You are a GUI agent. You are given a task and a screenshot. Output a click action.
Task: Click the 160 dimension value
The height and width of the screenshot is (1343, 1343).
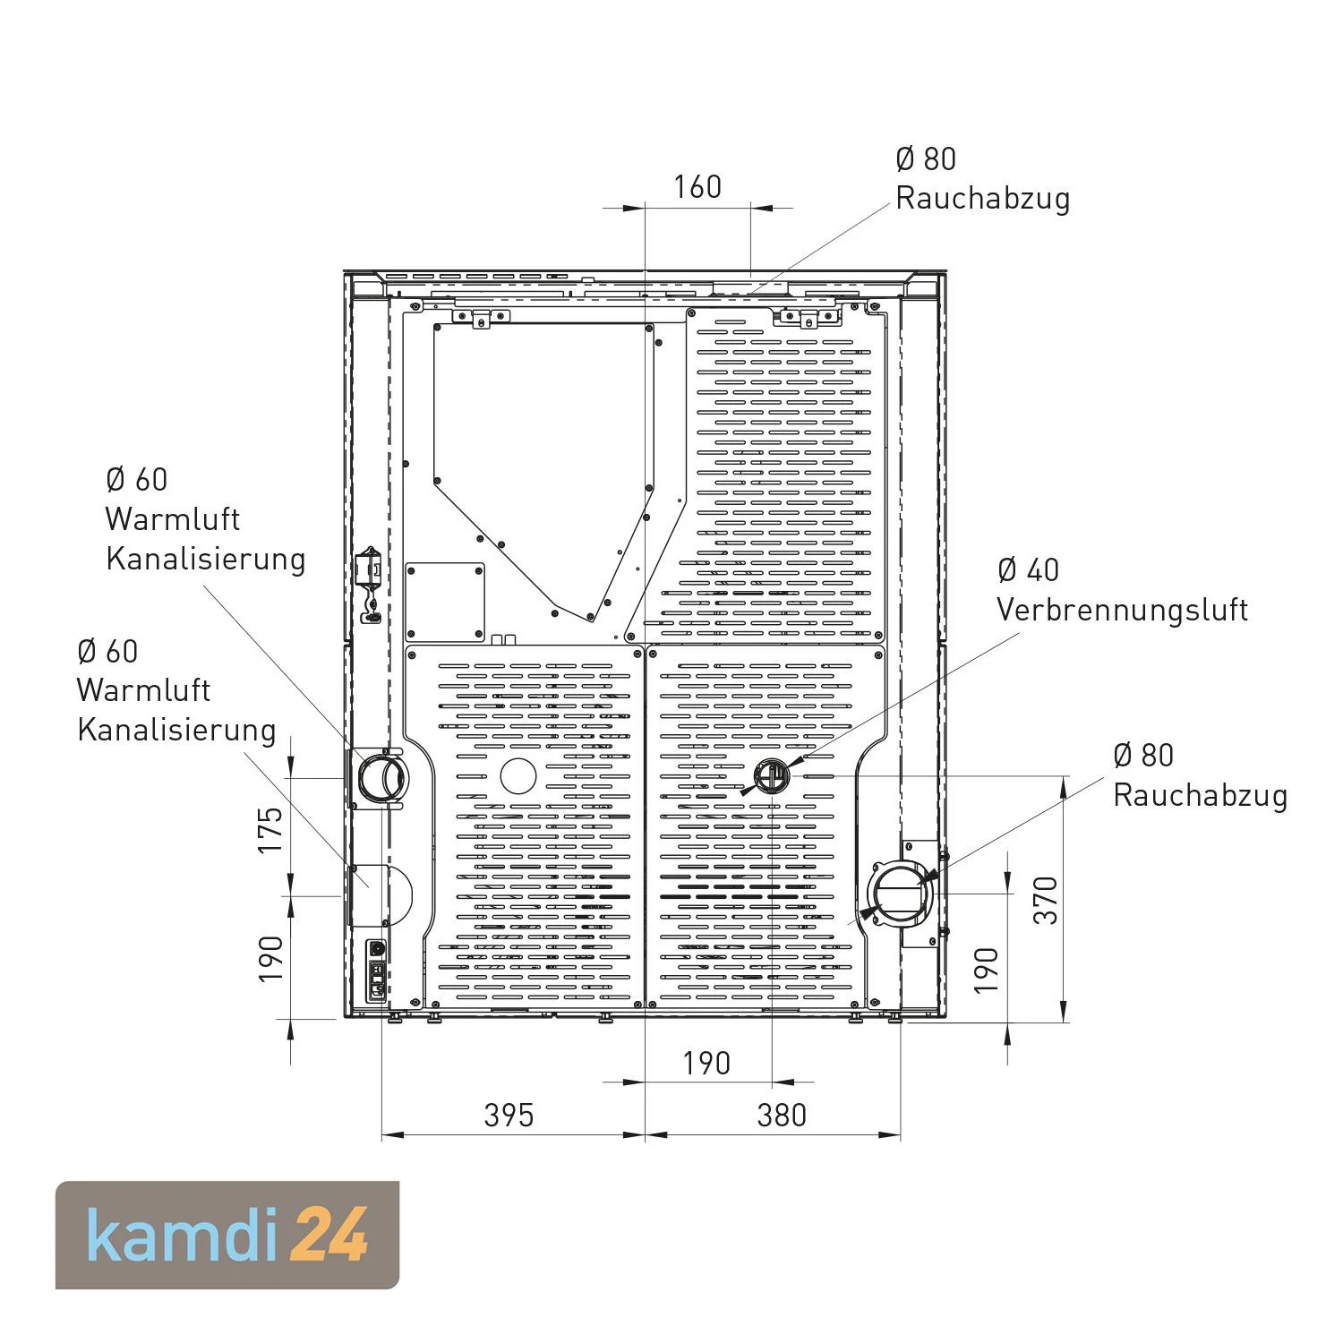coord(697,186)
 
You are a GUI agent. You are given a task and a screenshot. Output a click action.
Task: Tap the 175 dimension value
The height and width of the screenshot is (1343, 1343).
coord(270,829)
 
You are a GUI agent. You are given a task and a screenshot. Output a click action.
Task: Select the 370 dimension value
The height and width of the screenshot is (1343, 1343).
coord(1046,899)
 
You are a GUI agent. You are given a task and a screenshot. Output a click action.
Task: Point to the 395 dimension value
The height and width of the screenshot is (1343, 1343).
coord(509,1115)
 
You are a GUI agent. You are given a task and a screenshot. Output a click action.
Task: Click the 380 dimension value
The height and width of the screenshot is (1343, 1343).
coord(782,1115)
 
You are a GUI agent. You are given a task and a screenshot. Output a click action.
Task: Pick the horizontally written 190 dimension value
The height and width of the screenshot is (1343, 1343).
coord(706,1063)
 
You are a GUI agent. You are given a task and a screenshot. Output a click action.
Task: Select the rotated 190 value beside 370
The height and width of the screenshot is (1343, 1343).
coord(986,970)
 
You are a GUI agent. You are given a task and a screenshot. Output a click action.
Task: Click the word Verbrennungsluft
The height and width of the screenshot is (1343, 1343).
coord(1122,610)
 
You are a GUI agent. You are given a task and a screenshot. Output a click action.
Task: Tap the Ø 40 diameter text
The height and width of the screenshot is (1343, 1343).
coord(1028,569)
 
